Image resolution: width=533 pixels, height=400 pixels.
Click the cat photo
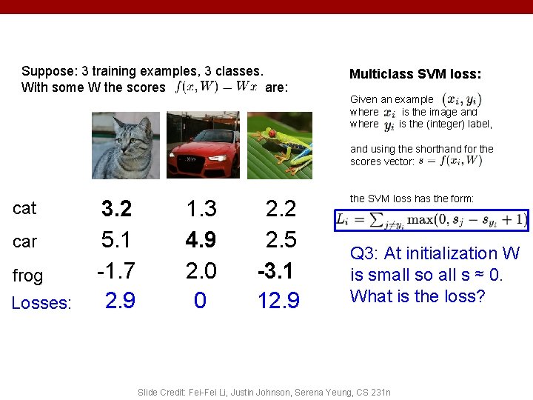125,145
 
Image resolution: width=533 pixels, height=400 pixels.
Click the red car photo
204,145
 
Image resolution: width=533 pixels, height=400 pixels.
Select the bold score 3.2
117,210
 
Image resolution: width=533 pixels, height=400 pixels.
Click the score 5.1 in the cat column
117,240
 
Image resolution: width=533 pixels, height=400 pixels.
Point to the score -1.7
115,270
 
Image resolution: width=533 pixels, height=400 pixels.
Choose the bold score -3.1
278,270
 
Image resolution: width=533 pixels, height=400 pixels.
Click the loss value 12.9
278,301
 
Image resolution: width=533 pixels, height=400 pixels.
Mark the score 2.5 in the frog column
281,240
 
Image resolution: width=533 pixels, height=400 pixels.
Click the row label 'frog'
27,276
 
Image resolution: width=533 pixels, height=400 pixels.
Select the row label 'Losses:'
42,304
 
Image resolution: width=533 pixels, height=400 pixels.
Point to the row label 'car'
24,241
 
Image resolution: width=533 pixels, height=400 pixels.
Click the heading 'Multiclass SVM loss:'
415,74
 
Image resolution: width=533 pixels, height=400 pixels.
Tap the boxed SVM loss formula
432,220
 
